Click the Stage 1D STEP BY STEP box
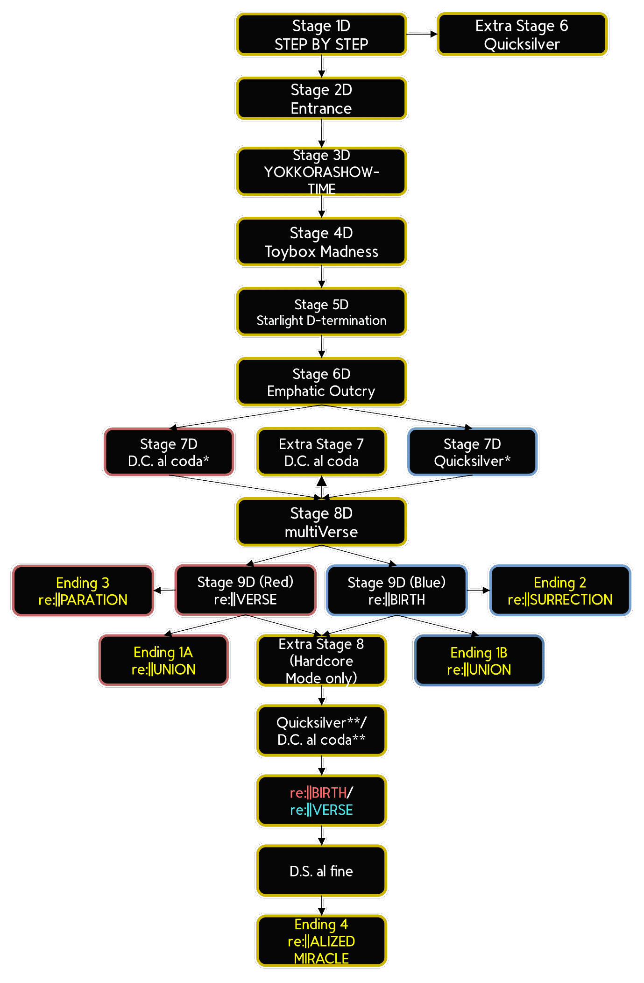tap(321, 34)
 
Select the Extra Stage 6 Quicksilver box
tap(522, 34)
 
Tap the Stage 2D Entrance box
tap(321, 99)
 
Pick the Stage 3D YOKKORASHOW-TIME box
tap(321, 171)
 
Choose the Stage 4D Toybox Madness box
tap(321, 242)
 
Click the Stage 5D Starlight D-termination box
tap(321, 312)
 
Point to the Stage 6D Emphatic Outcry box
tap(321, 382)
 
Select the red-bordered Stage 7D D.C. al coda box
tap(169, 452)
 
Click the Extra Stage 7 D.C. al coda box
tap(321, 452)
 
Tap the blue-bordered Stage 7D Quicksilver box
tap(472, 452)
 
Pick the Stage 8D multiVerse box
tap(321, 522)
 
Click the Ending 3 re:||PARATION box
tap(83, 591)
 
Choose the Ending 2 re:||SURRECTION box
tap(560, 591)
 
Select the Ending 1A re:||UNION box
tap(163, 660)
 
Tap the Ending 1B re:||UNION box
tap(479, 660)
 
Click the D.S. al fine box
tap(321, 871)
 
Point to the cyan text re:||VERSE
tap(321, 810)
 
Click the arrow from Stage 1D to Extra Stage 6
tap(422, 34)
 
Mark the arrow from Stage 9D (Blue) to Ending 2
tap(478, 591)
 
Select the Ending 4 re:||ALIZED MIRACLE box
tap(321, 941)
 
